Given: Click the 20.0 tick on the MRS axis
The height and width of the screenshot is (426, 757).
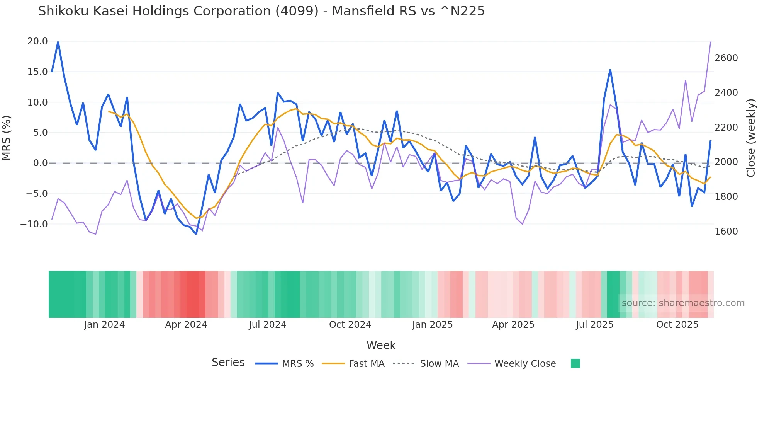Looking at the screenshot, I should [37, 41].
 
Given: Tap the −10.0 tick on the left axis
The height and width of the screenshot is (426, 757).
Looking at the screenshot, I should [34, 224].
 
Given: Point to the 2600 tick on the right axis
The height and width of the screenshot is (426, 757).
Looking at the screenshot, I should [726, 58].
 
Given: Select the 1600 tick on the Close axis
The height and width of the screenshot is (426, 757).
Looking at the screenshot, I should [726, 231].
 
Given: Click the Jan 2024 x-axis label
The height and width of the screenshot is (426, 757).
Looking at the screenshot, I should [104, 325].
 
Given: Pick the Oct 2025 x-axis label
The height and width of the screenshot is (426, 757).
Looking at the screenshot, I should [677, 325].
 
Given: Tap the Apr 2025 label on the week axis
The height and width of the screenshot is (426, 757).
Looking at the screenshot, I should [513, 325].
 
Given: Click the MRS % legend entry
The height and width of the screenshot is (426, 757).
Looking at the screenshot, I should [297, 364].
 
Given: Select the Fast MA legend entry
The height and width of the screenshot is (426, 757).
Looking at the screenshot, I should [366, 364].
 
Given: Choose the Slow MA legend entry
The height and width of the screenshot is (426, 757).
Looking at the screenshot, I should [439, 364].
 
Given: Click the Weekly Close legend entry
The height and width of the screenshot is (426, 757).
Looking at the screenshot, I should [525, 364].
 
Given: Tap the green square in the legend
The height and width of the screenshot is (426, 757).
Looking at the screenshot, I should [575, 363].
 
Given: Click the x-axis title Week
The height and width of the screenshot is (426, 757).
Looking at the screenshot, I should [381, 345].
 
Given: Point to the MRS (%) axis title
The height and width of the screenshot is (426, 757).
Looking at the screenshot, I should [7, 138].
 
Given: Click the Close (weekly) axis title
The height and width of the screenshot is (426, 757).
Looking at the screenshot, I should [750, 138].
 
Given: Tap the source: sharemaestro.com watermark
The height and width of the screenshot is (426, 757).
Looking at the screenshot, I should [683, 303].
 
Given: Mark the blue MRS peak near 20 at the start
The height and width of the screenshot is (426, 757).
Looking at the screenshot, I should [58, 42].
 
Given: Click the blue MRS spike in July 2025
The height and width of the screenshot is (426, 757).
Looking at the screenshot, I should [610, 70].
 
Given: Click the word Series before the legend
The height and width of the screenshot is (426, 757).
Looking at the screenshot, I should [228, 363].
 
